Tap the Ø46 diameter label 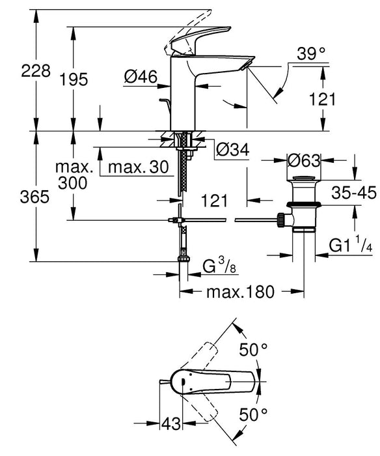coord(139,78)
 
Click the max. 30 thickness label coord(137,167)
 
